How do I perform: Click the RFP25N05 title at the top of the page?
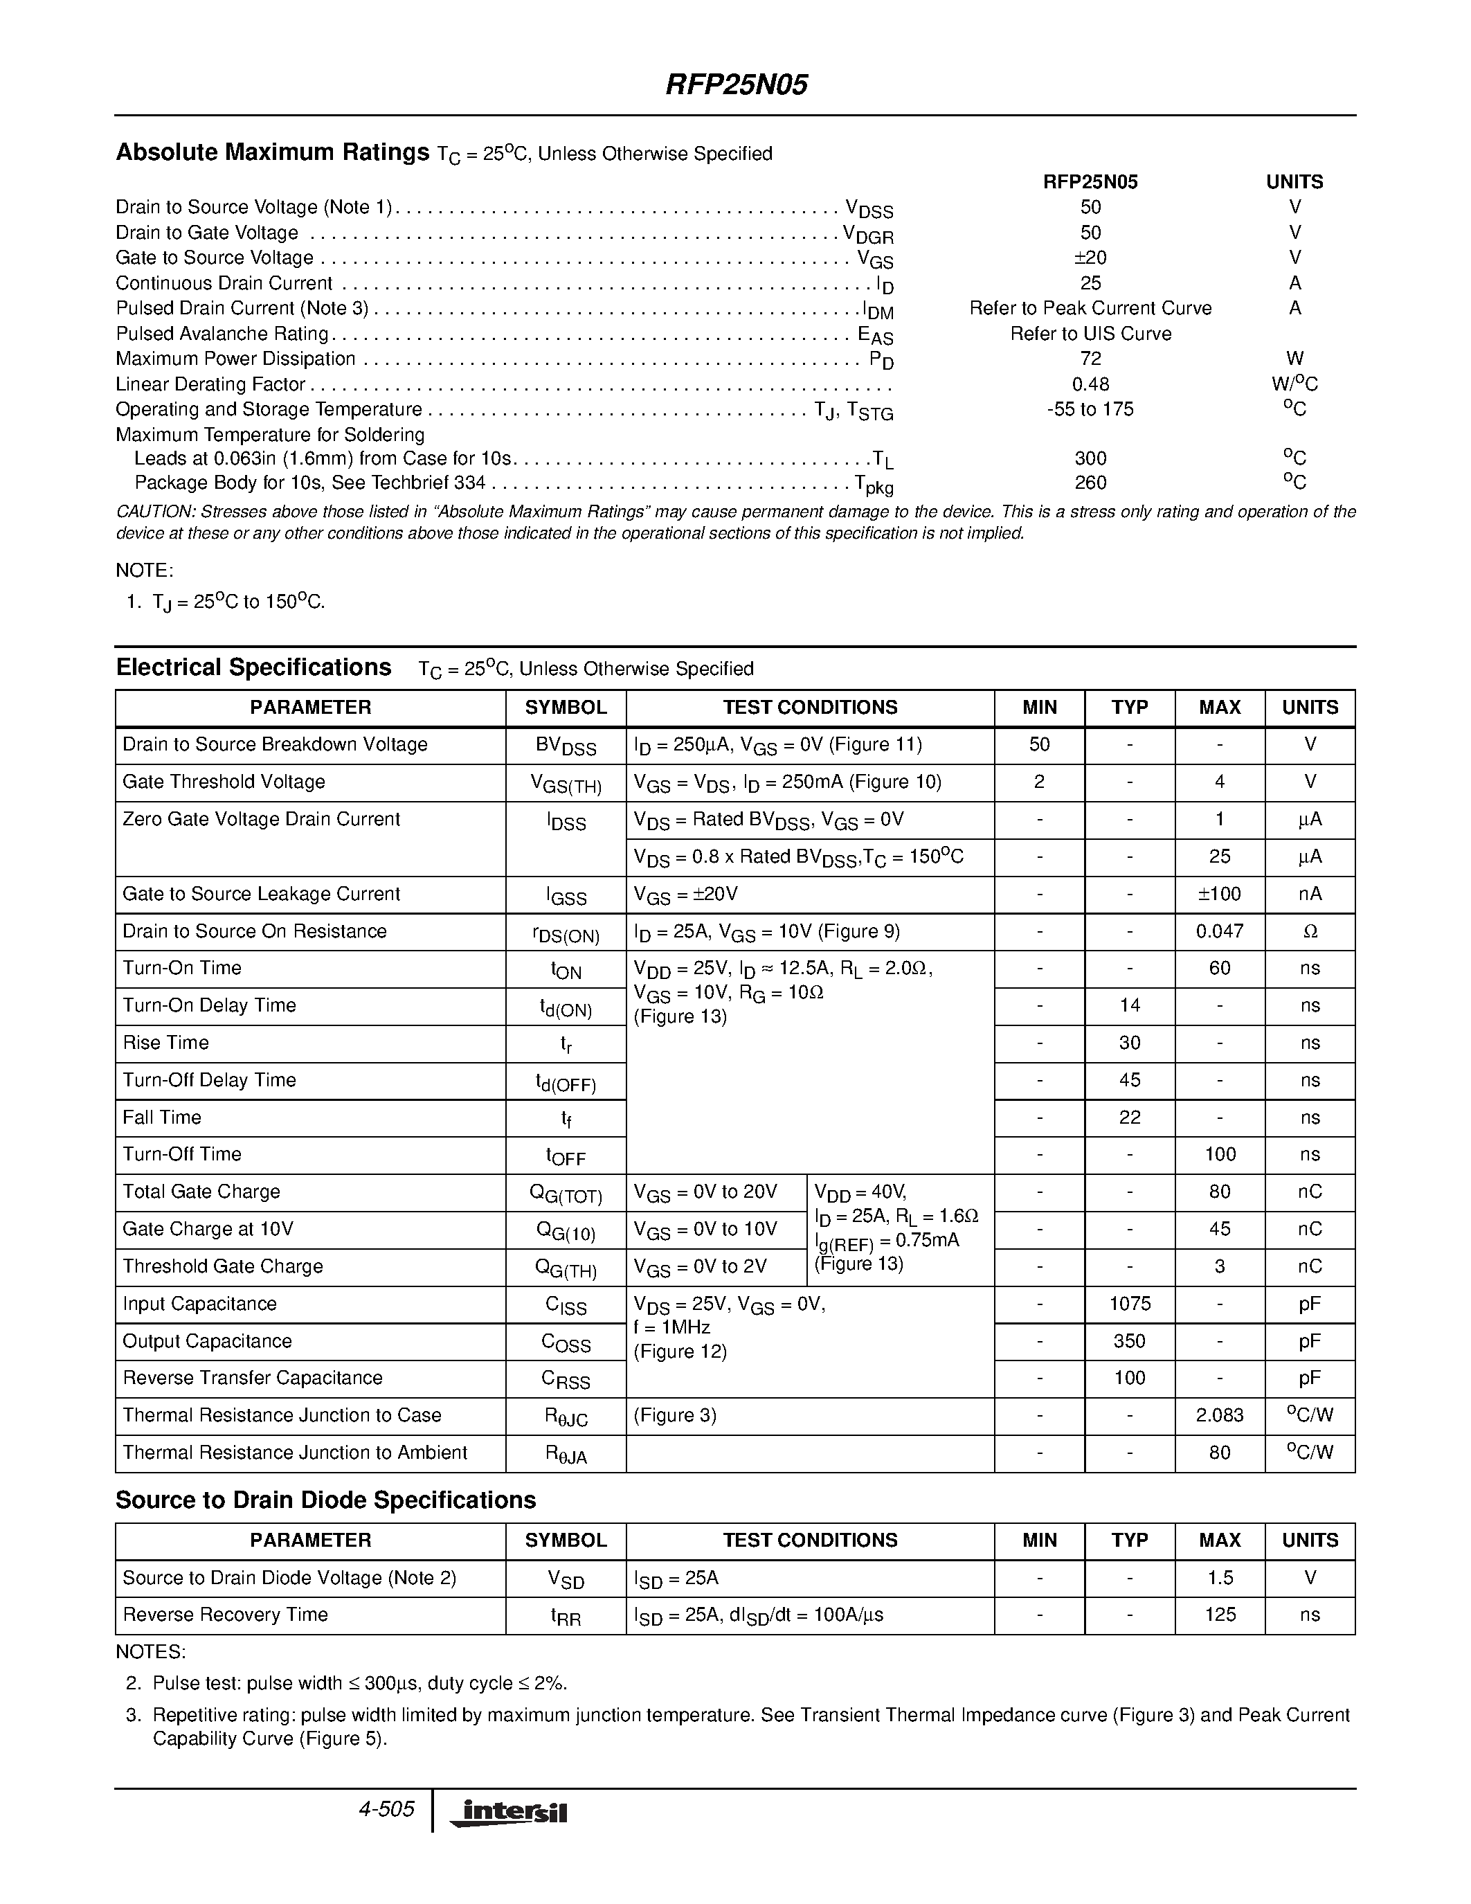737,84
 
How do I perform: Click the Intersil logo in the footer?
508,1813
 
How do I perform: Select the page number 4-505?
386,1809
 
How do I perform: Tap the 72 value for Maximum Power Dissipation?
1090,359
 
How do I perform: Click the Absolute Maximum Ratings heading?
273,152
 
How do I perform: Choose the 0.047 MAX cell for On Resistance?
1219,931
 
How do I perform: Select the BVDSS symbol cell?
566,746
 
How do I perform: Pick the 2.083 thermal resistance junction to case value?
1219,1415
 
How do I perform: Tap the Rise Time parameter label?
165,1043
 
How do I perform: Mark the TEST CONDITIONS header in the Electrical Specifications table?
810,707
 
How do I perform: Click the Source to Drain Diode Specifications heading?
325,1500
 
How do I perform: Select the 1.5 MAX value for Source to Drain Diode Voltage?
1219,1578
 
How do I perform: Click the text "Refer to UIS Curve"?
1090,334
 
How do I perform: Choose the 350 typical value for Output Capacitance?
1130,1341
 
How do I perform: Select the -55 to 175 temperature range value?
1090,409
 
